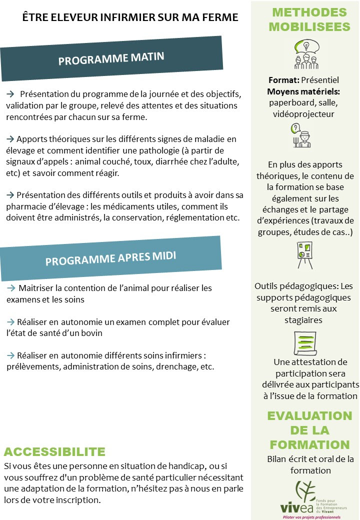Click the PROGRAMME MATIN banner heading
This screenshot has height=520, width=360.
111,59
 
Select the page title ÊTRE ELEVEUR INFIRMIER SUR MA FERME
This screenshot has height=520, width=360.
130,17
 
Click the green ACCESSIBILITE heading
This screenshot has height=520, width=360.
54,452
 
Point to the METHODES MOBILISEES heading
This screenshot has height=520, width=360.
308,19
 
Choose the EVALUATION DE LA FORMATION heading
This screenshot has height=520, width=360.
309,430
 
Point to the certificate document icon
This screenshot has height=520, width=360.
303,342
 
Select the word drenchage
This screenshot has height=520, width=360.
177,366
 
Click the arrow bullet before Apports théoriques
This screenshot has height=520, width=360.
10,139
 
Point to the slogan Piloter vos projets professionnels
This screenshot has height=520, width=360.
311,516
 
